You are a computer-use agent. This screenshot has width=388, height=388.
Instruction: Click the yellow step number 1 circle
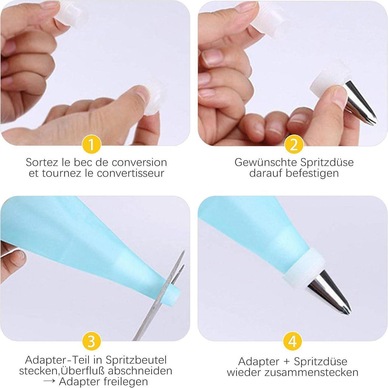92,144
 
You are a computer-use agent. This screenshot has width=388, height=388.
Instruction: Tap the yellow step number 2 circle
294,144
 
